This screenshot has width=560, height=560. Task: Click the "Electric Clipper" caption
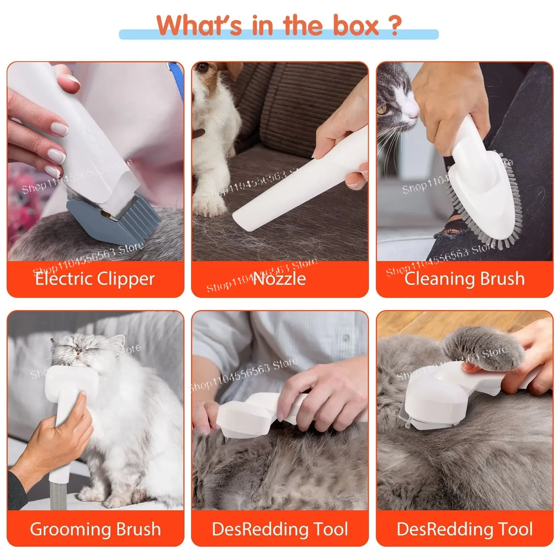tap(95, 279)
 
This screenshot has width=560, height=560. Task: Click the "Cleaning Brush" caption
tap(464, 279)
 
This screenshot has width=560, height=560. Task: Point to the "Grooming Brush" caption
tap(95, 529)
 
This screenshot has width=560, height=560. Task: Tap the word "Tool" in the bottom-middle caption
tap(331, 529)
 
